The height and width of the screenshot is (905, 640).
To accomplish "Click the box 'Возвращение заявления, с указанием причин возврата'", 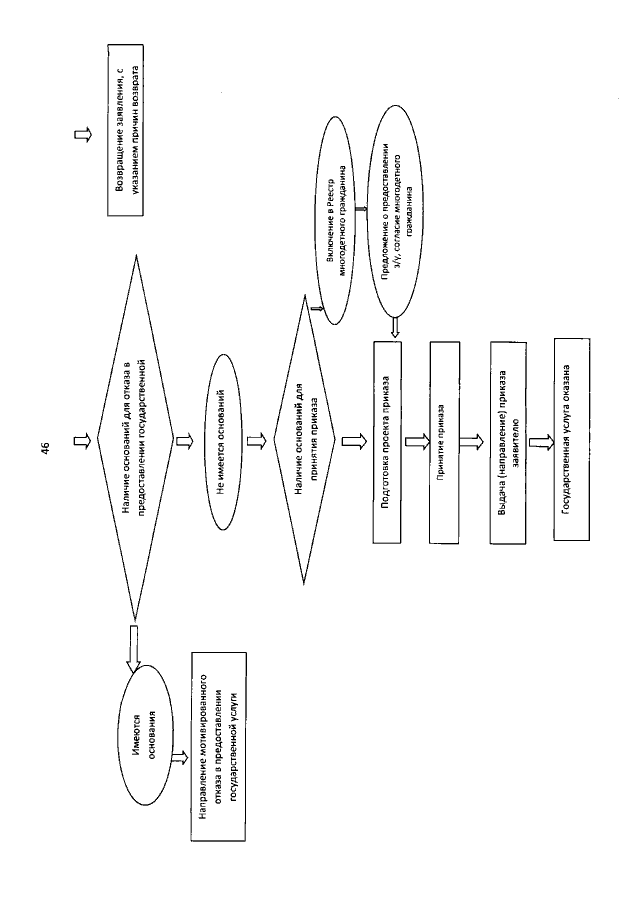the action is [126, 130].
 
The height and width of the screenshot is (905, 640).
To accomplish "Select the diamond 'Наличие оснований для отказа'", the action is [135, 437].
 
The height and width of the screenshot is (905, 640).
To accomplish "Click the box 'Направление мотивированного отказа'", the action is [218, 746].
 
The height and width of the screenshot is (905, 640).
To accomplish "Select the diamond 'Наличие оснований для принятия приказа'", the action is [304, 440].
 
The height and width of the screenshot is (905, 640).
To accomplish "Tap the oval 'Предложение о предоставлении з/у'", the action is [398, 214].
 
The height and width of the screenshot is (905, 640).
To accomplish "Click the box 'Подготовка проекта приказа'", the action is [387, 443].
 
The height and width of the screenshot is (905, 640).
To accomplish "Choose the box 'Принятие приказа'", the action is [444, 443].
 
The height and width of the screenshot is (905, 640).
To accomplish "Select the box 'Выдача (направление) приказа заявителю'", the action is [508, 443].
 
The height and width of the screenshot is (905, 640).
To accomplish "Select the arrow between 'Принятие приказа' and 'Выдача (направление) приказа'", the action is [473, 442].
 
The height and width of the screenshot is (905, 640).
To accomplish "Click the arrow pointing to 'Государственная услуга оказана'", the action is [540, 442].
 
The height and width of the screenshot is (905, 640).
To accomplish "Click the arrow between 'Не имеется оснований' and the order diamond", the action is [256, 442].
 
